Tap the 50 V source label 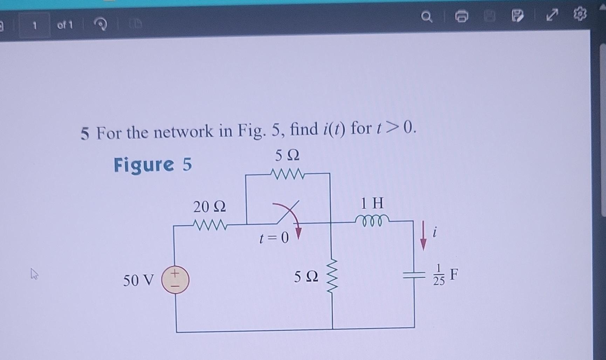(138, 280)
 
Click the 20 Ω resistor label (209, 207)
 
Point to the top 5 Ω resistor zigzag (287, 174)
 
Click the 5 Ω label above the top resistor (287, 155)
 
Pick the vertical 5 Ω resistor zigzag (332, 277)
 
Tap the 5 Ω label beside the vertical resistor (306, 277)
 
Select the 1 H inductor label (372, 203)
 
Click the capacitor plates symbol (414, 275)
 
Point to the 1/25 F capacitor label (445, 275)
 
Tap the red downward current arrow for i (423, 236)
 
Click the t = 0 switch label (274, 238)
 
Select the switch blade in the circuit (288, 212)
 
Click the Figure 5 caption (153, 164)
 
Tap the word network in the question (183, 132)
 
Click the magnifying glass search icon (426, 16)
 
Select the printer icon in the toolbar (461, 16)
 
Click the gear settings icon (580, 14)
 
